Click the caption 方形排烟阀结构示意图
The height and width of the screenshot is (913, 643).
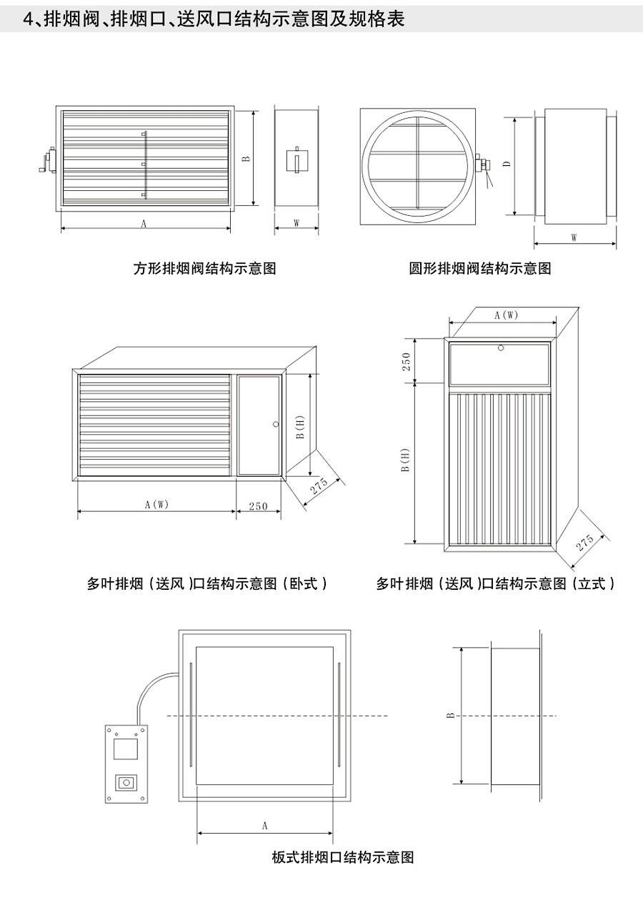coord(205,269)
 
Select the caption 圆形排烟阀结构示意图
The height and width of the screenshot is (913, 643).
coord(480,269)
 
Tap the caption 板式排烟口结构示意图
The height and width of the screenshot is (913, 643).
coord(343,857)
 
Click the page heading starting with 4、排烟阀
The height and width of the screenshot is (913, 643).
coord(214,19)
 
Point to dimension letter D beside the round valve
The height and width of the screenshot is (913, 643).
coord(507,164)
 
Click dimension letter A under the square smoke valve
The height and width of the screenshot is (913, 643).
coord(144,223)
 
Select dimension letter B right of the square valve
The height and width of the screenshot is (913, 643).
coord(246,158)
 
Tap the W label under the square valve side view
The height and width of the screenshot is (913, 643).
coord(296,223)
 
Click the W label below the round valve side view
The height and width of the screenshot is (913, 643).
coord(574,237)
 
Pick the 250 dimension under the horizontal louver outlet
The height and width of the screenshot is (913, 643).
coord(258,506)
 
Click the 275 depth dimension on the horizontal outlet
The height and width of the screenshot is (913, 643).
coord(319,486)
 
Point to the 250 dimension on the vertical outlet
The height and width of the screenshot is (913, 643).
coord(407,361)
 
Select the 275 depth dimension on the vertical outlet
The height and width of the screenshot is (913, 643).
coord(585,543)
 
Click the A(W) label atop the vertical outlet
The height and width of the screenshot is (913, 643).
coord(506,315)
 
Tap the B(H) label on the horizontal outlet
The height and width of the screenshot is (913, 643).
coord(301,427)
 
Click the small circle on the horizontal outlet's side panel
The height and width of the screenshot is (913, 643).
coord(276,424)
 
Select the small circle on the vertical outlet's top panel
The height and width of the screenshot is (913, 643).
coord(501,347)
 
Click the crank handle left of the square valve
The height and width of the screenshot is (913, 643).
coord(47,160)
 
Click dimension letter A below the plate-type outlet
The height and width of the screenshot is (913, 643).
coord(264,826)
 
